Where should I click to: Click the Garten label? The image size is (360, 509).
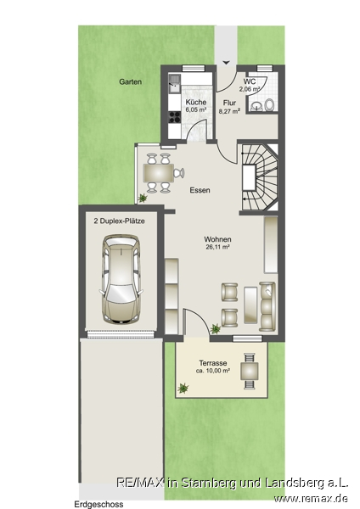click(130, 81)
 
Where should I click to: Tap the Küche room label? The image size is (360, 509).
click(196, 103)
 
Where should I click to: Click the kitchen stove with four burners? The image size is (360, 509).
click(174, 117)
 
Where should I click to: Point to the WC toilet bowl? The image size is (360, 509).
click(269, 105)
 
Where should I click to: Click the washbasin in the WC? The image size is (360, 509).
click(256, 106)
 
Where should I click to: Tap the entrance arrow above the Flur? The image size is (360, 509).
click(226, 62)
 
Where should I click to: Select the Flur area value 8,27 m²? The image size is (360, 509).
click(229, 111)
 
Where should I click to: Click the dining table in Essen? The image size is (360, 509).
click(159, 173)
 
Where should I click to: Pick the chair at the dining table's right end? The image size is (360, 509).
click(179, 173)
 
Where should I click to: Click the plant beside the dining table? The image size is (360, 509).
click(142, 198)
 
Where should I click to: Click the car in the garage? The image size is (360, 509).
click(121, 279)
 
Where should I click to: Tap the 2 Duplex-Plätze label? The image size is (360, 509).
click(119, 221)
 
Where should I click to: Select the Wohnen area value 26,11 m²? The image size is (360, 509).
click(217, 247)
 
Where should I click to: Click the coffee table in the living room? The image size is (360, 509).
click(250, 305)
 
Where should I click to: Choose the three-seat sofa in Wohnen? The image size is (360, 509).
click(267, 306)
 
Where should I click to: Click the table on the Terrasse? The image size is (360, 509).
click(250, 372)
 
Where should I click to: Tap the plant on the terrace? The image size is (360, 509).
click(183, 388)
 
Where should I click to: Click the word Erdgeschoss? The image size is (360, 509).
click(98, 504)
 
